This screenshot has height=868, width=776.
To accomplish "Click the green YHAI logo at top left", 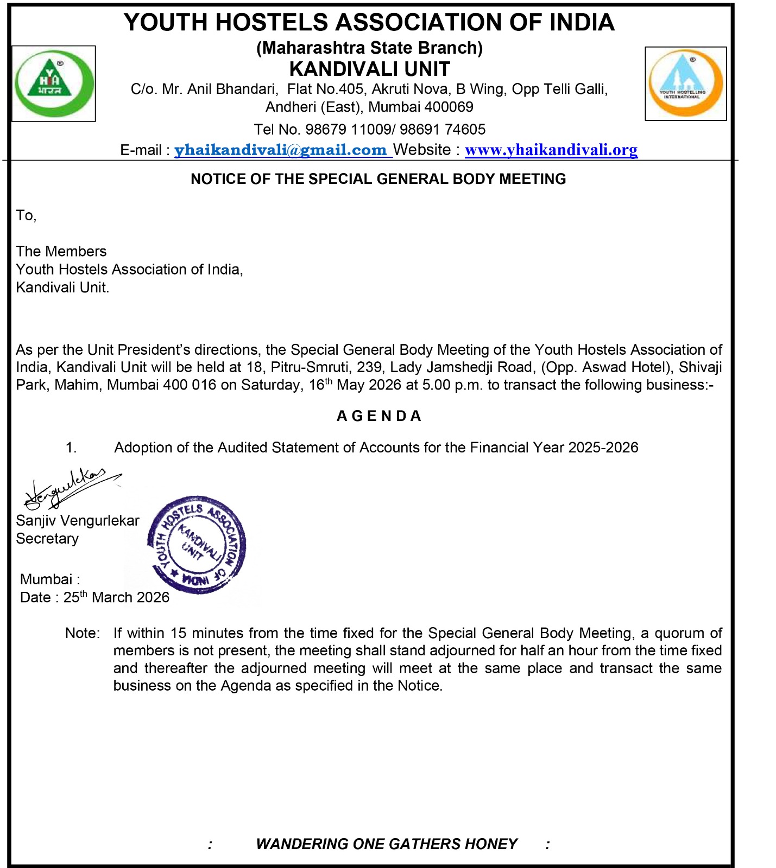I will (53, 83).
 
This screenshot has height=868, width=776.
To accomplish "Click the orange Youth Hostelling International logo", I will (685, 83).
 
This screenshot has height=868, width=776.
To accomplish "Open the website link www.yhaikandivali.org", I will (551, 150).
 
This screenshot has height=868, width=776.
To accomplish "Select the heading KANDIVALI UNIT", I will (369, 69).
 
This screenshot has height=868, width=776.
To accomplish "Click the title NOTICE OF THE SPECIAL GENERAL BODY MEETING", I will (378, 179).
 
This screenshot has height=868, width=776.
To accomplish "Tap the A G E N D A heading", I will (378, 416).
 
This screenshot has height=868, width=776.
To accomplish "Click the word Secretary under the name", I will (47, 539).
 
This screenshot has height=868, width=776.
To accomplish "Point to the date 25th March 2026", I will (116, 597).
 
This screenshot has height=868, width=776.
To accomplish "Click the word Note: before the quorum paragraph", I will (82, 633).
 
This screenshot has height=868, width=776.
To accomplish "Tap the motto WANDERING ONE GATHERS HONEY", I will (386, 844).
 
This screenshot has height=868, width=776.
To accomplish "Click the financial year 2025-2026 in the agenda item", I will (603, 448).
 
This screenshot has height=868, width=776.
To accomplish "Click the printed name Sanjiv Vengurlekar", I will (78, 521).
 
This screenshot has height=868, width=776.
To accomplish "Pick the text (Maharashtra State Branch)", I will (369, 48).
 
